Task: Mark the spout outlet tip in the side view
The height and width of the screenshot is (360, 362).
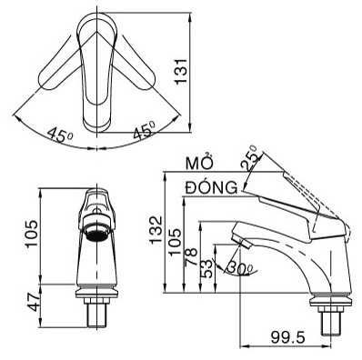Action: (x=239, y=240)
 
